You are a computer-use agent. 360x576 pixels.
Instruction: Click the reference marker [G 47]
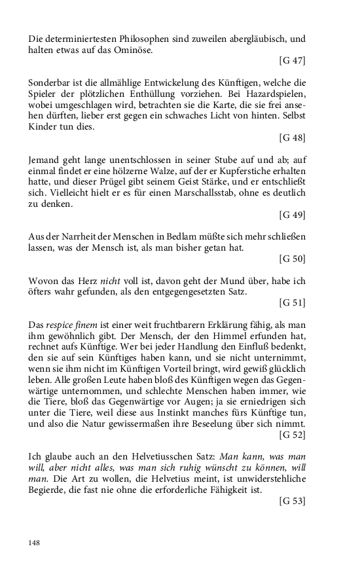292,61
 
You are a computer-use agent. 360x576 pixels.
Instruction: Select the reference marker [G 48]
292,138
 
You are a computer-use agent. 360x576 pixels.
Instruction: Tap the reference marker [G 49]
292,215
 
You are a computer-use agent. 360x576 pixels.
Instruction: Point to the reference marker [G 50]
292,259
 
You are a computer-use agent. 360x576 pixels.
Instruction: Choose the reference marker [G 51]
292,303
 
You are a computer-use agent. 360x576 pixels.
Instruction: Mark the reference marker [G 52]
292,433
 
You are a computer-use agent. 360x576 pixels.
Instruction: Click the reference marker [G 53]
292,501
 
